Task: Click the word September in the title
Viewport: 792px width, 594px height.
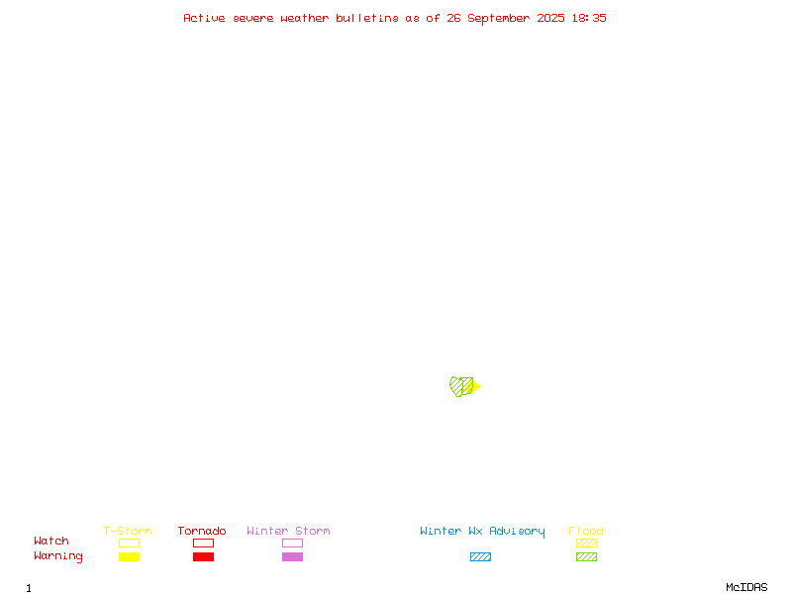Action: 499,19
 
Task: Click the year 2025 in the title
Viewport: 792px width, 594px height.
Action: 550,18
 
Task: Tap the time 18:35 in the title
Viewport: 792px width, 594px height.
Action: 589,18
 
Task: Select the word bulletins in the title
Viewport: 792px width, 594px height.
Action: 367,18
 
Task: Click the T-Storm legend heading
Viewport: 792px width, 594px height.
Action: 128,531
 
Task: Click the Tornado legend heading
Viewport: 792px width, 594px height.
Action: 202,531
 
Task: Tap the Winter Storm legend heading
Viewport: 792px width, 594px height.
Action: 288,531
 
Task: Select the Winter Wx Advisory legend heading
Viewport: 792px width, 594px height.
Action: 482,532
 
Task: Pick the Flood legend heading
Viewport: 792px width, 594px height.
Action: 586,531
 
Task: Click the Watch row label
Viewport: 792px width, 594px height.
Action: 51,541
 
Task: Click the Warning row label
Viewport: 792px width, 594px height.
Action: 58,556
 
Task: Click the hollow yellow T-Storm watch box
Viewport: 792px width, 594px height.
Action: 130,543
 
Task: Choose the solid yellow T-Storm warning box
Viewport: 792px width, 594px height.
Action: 130,556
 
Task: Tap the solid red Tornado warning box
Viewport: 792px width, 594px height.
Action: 204,556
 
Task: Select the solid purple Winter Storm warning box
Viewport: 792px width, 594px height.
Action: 292,556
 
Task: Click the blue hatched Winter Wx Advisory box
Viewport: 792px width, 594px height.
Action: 480,556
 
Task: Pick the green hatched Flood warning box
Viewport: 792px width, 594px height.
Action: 586,556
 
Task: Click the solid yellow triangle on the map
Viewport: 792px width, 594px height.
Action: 476,386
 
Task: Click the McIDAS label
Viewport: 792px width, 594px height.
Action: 746,587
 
